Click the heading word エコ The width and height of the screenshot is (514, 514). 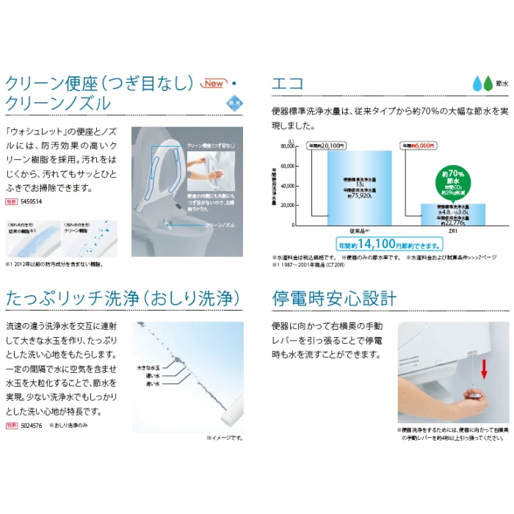[x=288, y=82]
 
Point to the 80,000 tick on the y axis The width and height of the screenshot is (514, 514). [x=286, y=146]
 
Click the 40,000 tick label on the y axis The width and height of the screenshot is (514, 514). [x=286, y=186]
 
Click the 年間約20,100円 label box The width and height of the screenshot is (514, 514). [x=326, y=145]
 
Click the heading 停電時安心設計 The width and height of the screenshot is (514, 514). [x=334, y=298]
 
